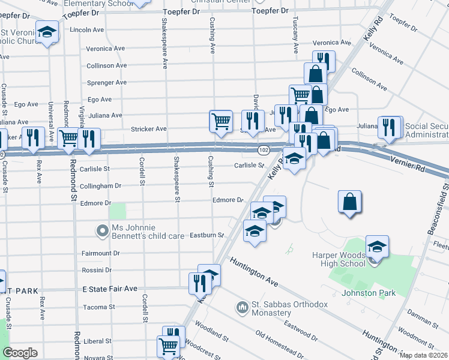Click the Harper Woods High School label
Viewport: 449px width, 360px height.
click(x=338, y=259)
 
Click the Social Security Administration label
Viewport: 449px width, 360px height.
click(x=427, y=130)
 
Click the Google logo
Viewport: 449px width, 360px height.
click(x=20, y=353)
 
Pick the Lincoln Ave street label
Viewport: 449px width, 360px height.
click(x=87, y=29)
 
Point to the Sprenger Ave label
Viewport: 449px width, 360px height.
click(x=106, y=82)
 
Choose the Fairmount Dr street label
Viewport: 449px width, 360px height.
click(x=100, y=253)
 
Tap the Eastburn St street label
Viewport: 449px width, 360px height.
click(x=207, y=235)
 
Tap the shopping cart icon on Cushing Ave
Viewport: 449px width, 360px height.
click(x=220, y=121)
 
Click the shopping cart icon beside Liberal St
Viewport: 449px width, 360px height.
click(x=168, y=346)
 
